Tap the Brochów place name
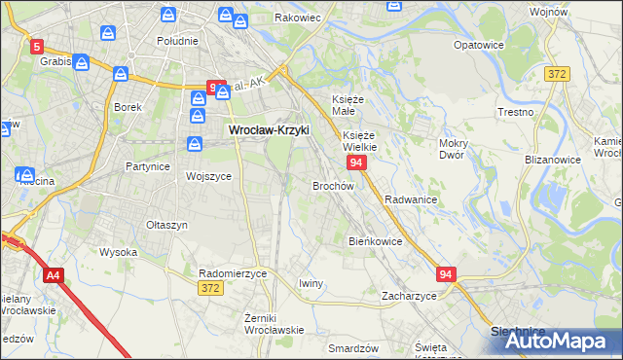pos(332,185)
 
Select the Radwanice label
pos(410,198)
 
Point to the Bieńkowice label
pos(375,240)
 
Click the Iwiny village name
pos(311,283)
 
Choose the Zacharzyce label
pos(409,296)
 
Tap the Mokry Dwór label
pos(454,148)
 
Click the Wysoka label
pos(118,252)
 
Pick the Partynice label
pos(148,166)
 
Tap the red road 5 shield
pos(37,46)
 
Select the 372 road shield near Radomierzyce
pos(208,288)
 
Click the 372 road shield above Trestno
pos(556,74)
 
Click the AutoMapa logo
pos(557,342)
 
